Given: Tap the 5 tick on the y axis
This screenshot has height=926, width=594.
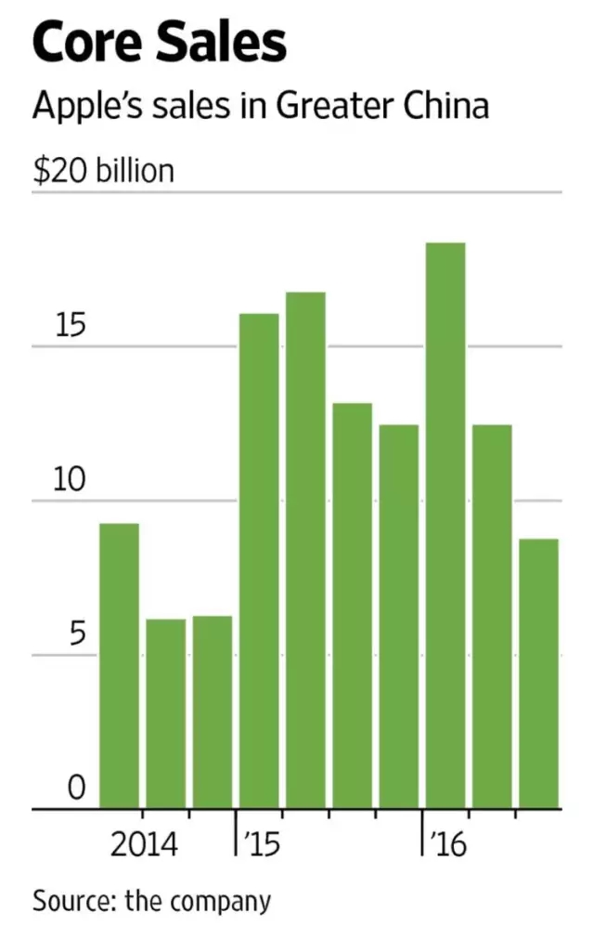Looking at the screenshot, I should [x=76, y=636].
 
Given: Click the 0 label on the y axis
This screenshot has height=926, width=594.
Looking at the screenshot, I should [x=76, y=789].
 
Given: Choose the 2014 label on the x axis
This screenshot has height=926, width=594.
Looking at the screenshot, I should [x=144, y=845].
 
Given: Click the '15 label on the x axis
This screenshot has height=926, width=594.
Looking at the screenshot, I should [x=261, y=845].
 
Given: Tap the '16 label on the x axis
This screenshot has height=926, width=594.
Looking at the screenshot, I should [x=447, y=845].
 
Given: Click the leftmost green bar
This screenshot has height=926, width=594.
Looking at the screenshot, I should [x=120, y=665].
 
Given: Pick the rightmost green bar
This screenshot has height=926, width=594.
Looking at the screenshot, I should [x=538, y=672].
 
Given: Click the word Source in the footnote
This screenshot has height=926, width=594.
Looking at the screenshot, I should [x=69, y=900].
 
